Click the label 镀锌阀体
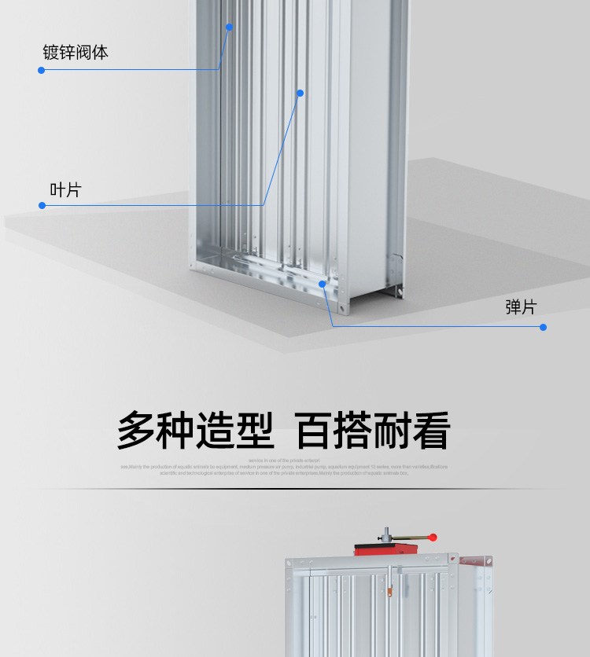(76, 53)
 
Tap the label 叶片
(65, 190)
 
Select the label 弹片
(521, 307)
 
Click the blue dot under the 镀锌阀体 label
(42, 70)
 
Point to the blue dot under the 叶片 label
(42, 206)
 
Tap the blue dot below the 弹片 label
(543, 327)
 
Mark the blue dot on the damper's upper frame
(230, 27)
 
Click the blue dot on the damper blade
(300, 93)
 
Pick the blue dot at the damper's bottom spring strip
(322, 283)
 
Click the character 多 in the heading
(137, 431)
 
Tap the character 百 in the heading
(315, 431)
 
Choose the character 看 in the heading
(431, 431)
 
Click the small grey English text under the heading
(284, 467)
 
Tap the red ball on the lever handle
(432, 538)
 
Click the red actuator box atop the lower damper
(385, 548)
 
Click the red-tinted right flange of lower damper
(477, 561)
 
